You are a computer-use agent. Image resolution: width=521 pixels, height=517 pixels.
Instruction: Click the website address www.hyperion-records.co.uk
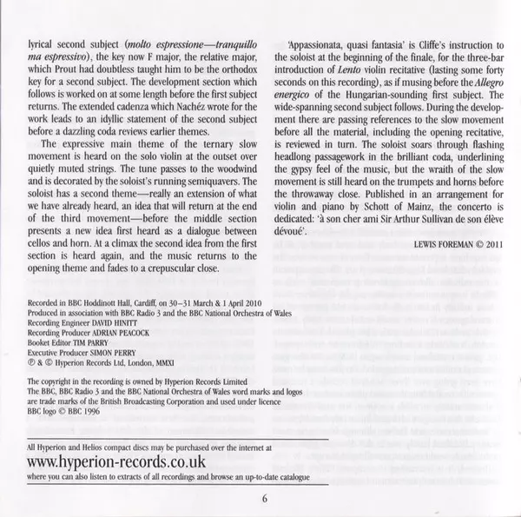tap(118, 462)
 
